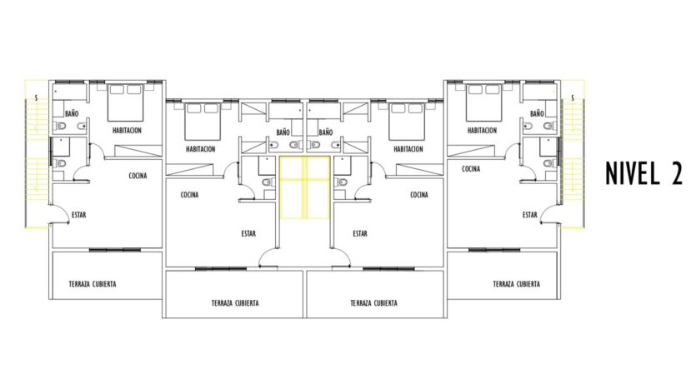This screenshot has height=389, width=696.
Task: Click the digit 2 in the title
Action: (x=677, y=173)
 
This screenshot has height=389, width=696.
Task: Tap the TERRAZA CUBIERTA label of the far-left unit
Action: (x=93, y=284)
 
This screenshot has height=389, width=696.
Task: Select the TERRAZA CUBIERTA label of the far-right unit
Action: (x=516, y=284)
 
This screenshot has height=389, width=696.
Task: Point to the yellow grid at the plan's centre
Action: (x=304, y=187)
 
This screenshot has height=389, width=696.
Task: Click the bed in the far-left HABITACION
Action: (x=126, y=102)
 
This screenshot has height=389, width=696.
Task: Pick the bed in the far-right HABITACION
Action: (x=483, y=102)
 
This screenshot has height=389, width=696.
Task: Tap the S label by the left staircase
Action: (x=36, y=97)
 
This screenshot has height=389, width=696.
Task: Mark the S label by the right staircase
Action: (x=573, y=97)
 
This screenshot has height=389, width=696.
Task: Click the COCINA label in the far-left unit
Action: (x=138, y=176)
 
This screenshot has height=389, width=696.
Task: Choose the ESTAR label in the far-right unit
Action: (x=529, y=215)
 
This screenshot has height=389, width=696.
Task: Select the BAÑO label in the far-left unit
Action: (x=72, y=113)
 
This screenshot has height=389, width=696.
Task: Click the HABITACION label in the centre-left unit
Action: (x=201, y=149)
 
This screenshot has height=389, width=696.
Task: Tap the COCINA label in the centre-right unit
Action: (x=419, y=195)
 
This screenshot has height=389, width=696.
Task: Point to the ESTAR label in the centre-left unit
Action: (x=248, y=234)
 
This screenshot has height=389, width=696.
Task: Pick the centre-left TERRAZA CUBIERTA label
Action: (x=235, y=303)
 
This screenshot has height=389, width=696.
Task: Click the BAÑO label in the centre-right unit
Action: (x=325, y=132)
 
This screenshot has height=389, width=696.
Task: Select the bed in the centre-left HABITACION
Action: (x=203, y=121)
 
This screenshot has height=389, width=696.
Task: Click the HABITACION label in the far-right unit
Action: (x=482, y=131)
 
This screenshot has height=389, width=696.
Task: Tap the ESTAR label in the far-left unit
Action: (x=78, y=215)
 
